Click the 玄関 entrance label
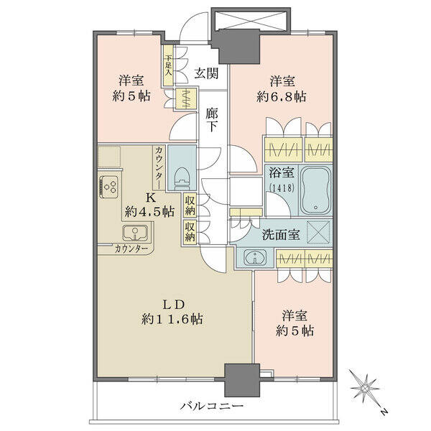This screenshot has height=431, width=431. pos(206,74)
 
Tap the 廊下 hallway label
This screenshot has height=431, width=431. pos(212,120)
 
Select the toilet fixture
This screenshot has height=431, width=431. pos(182,178)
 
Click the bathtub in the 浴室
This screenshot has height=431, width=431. pos(315,190)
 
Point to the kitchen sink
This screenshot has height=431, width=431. pos(135,233)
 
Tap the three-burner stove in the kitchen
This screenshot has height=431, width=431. pos(109,186)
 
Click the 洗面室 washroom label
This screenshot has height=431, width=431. pos(281,234)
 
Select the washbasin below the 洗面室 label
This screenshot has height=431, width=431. pos(255,258)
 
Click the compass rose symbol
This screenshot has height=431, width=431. pos(364,389)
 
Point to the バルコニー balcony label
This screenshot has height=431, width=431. pos(212,406)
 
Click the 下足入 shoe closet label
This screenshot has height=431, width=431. pos(168,65)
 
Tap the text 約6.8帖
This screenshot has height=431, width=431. pos(281,97)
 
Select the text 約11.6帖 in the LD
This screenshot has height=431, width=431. pos(172,319)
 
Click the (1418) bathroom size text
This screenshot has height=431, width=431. pos(282,188)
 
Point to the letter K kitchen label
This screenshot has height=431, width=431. pos(150,198)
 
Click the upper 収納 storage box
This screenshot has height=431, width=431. pos(190,205)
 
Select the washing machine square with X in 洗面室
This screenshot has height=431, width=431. pos(318,232)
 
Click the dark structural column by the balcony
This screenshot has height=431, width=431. pos(242,380)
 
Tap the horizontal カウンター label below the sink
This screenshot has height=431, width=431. pos(131,249)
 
